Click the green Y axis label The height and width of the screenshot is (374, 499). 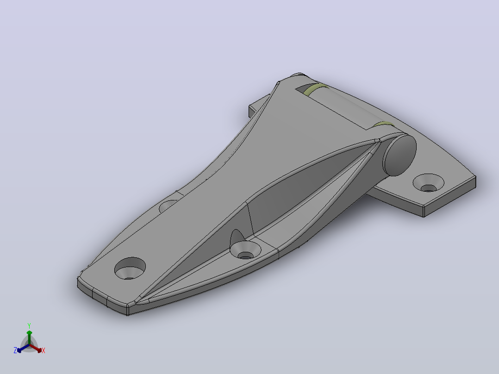tap(29, 325)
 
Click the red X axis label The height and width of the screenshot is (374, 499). tap(44, 350)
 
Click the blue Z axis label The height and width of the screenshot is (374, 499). tap(15, 350)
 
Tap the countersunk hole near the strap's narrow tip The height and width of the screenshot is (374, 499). tap(130, 268)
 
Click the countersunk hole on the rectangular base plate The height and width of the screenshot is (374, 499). tap(428, 183)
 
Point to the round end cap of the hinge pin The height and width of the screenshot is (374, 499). tap(400, 155)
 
